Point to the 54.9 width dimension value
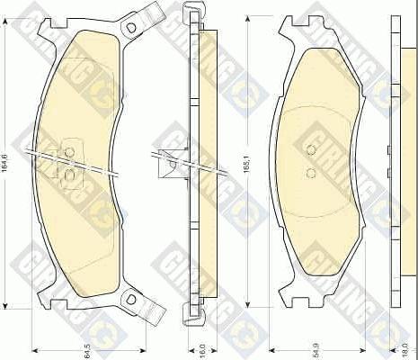tap(315, 348)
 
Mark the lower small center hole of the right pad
tap(311, 172)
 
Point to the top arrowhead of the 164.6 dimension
tap(9, 17)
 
